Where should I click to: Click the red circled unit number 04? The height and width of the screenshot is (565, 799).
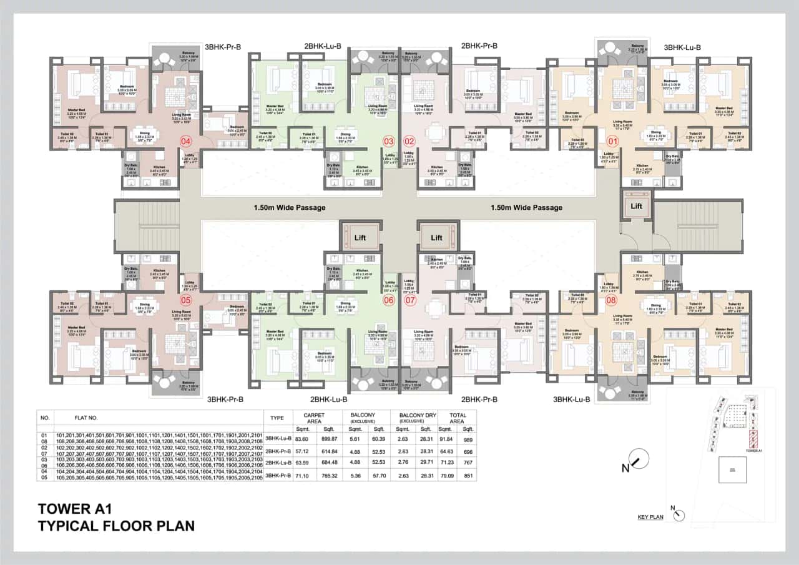[x=185, y=141]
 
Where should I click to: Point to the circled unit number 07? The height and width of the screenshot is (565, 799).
[x=410, y=300]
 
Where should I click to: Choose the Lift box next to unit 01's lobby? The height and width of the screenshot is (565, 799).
[x=636, y=205]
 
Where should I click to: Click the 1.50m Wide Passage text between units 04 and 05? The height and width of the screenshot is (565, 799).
[x=289, y=207]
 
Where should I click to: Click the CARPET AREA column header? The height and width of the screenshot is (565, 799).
[x=313, y=418]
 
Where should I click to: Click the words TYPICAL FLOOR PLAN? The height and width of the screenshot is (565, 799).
[x=116, y=526]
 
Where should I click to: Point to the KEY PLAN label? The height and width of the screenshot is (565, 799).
[x=650, y=517]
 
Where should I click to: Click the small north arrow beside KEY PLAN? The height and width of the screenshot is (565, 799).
[x=678, y=514]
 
